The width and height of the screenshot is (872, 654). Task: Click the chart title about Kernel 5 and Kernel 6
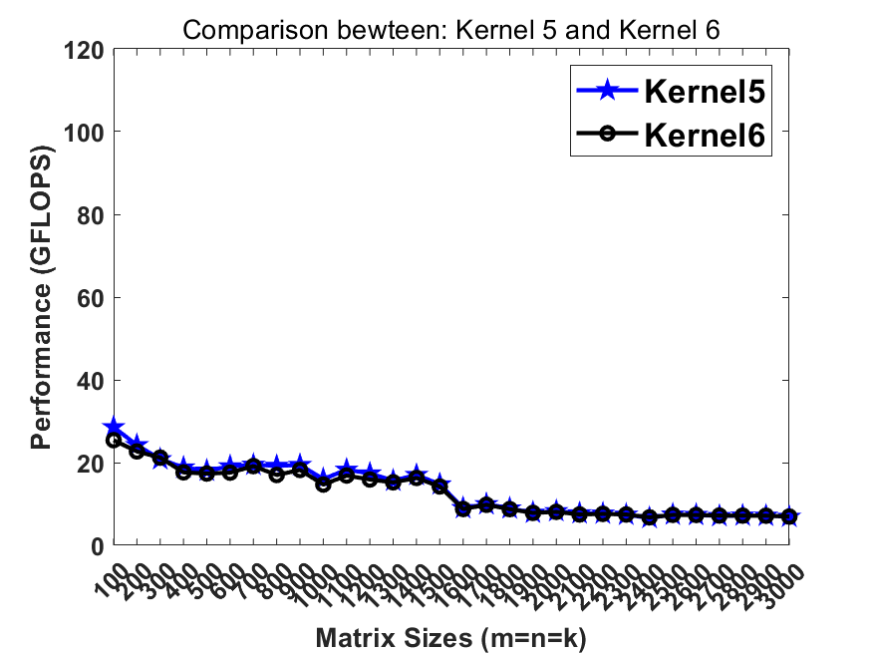click(450, 31)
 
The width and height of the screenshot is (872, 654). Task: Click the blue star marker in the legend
click(608, 92)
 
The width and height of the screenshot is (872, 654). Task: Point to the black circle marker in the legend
click(608, 135)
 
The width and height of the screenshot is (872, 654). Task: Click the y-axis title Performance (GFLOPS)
click(41, 296)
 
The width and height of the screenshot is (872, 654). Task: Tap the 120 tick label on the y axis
click(86, 49)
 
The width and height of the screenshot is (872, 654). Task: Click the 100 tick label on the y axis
click(86, 132)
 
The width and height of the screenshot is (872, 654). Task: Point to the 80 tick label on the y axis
click(91, 214)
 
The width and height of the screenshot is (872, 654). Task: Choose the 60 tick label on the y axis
click(91, 297)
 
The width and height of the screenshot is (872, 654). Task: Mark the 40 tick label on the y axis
click(91, 380)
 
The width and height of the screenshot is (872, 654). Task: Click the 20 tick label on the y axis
click(91, 463)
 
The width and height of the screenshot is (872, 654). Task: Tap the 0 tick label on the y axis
click(97, 545)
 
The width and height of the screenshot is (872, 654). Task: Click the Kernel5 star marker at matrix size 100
click(114, 428)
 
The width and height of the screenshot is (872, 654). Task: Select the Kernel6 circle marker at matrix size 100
click(114, 440)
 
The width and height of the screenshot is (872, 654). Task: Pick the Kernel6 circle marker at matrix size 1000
click(324, 485)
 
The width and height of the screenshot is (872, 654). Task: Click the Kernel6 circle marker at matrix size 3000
click(789, 516)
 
